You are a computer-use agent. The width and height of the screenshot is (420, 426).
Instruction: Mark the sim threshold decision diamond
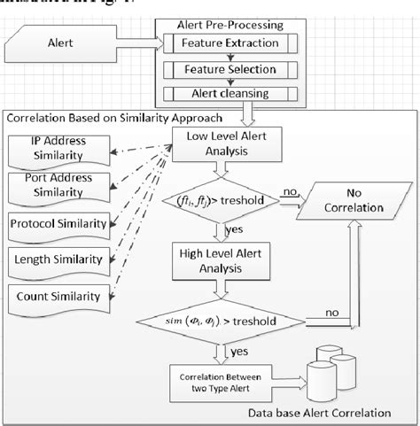click(x=217, y=319)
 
